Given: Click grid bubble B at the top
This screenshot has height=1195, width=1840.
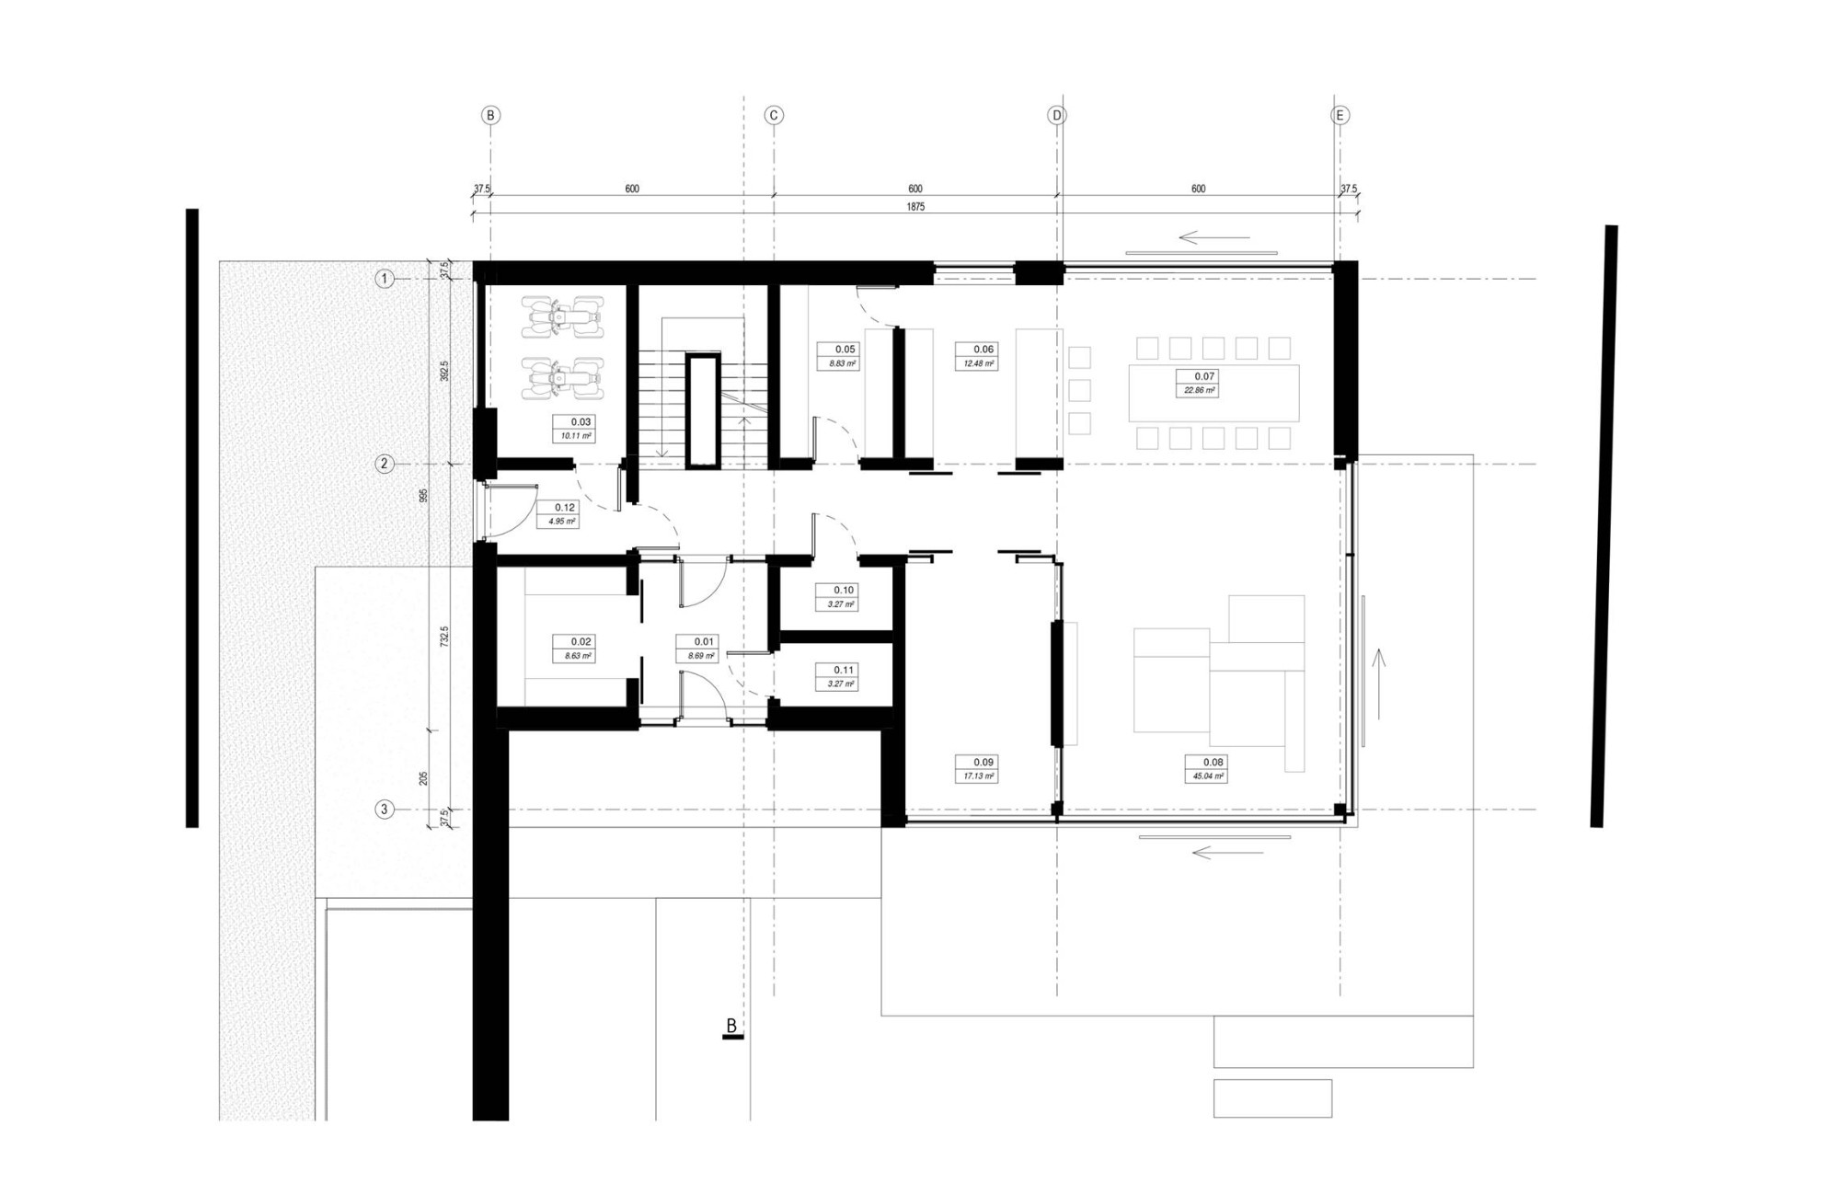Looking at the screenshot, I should click(490, 115).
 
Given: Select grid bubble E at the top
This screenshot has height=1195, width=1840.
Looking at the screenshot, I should click(1340, 115).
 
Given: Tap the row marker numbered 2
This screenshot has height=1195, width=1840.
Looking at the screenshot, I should click(385, 464).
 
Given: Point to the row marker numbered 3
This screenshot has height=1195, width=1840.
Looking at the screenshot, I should click(385, 810).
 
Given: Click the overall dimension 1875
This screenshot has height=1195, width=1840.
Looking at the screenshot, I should click(914, 207).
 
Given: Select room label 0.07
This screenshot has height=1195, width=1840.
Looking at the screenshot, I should click(1204, 376).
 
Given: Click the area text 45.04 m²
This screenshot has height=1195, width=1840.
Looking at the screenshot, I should click(1213, 776).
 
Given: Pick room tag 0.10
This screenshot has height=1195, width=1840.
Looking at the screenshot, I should click(844, 590).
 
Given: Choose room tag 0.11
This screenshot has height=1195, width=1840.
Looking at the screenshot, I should click(844, 670).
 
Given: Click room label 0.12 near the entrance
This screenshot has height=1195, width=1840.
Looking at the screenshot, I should click(565, 507).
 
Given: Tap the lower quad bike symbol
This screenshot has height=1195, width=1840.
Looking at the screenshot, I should click(562, 378).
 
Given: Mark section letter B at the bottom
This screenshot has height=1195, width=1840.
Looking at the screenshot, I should click(732, 1026).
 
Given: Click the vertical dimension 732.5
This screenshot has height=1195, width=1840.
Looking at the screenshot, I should click(444, 638).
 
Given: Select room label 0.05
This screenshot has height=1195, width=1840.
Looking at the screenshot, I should click(845, 349).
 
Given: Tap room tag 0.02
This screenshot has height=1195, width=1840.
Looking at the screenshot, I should click(581, 641).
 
